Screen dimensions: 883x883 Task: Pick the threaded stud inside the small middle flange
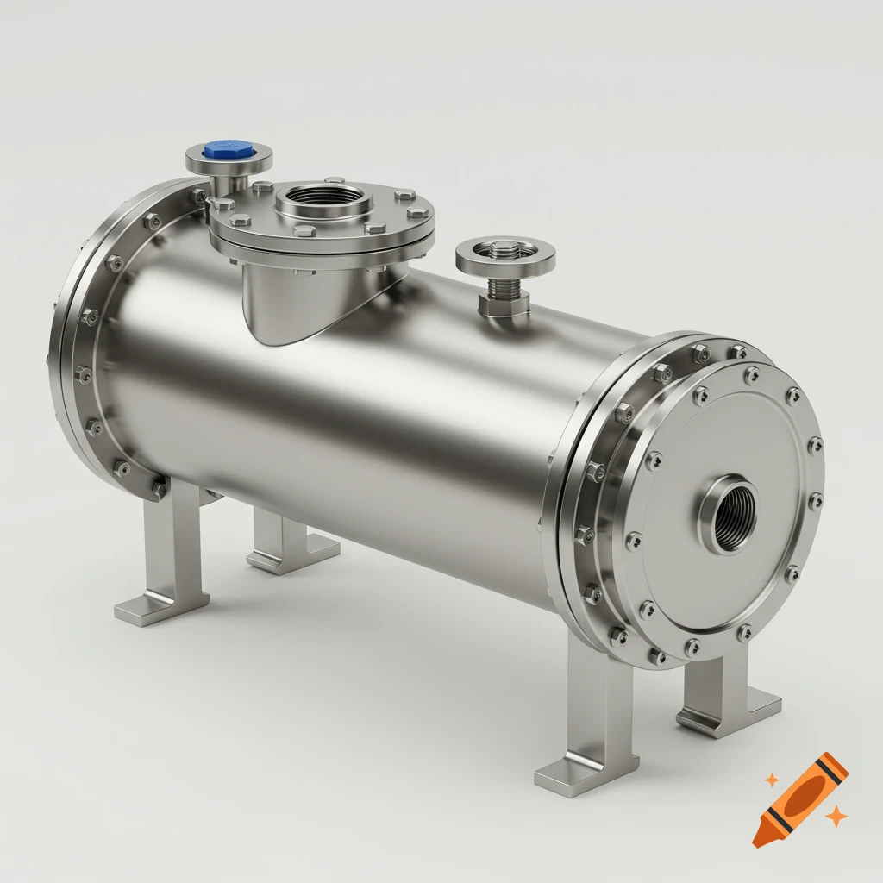[x=504, y=252]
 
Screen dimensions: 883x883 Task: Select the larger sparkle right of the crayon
[x=835, y=815]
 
